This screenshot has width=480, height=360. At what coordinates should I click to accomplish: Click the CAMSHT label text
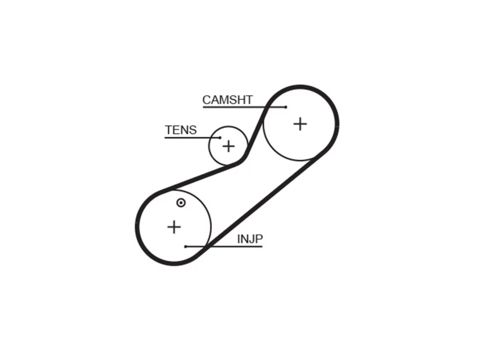(x=227, y=100)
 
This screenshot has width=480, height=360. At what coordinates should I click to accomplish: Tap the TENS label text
(x=181, y=130)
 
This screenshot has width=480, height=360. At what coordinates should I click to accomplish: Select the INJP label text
(x=250, y=239)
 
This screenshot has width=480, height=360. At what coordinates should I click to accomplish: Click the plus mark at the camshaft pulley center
(x=300, y=124)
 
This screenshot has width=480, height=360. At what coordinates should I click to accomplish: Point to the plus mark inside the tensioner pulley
(x=228, y=146)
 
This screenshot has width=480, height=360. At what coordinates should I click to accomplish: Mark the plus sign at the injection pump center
(x=174, y=227)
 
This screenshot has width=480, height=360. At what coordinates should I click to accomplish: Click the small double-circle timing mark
(x=181, y=203)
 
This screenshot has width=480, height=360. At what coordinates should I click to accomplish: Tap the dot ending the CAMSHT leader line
(x=286, y=107)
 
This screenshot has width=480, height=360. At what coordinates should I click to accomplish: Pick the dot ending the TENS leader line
(x=220, y=138)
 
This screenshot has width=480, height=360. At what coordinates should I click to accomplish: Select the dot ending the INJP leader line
(x=186, y=247)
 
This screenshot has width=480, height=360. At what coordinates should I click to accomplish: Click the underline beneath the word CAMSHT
(x=244, y=107)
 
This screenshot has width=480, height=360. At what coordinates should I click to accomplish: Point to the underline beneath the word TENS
(x=192, y=138)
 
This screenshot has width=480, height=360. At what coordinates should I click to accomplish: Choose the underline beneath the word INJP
(x=224, y=246)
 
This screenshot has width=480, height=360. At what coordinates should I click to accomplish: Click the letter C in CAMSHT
(x=207, y=100)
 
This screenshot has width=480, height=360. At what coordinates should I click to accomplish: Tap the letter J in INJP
(x=251, y=239)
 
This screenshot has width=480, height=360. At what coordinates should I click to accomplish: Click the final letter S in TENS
(x=193, y=130)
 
